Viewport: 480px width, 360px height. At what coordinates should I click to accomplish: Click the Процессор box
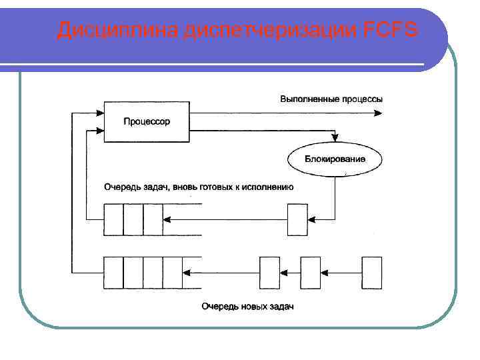click(x=146, y=122)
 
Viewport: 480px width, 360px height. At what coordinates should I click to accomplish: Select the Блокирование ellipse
click(x=335, y=159)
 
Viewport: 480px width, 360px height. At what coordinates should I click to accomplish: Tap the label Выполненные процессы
click(x=331, y=99)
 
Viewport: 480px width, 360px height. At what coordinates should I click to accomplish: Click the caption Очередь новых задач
click(x=247, y=307)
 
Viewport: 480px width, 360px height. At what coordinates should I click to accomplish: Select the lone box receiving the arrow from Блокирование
click(x=297, y=219)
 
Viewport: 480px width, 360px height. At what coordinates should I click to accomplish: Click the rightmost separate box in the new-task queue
click(x=371, y=272)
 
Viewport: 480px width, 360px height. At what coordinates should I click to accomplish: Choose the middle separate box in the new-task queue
click(x=311, y=272)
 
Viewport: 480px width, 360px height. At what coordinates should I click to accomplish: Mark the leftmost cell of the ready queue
click(x=113, y=219)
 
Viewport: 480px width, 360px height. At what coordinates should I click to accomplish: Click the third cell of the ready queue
click(x=153, y=219)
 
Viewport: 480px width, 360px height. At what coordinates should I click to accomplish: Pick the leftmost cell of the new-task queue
click(x=113, y=272)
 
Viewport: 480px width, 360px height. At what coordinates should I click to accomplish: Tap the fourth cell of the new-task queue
click(x=173, y=272)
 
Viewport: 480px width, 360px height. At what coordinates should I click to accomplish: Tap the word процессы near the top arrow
click(x=363, y=99)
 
